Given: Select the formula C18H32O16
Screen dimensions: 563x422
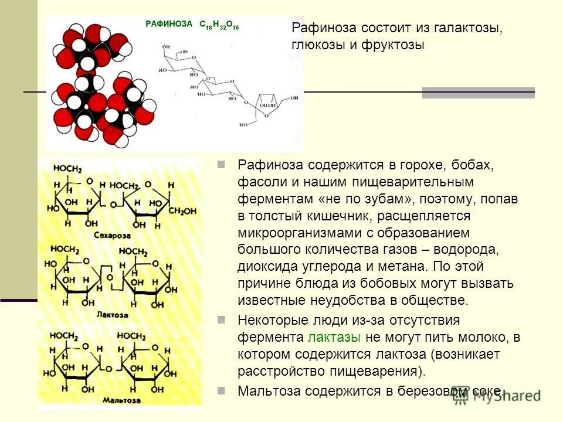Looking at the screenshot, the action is pos(219,25).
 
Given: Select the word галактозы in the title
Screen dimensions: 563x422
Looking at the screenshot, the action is pos(470,28).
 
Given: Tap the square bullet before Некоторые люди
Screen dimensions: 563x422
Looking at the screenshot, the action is pos(221,320).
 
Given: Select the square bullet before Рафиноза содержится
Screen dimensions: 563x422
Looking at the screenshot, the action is pos(221,165).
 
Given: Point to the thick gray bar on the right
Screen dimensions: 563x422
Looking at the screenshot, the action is pos(479,93).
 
